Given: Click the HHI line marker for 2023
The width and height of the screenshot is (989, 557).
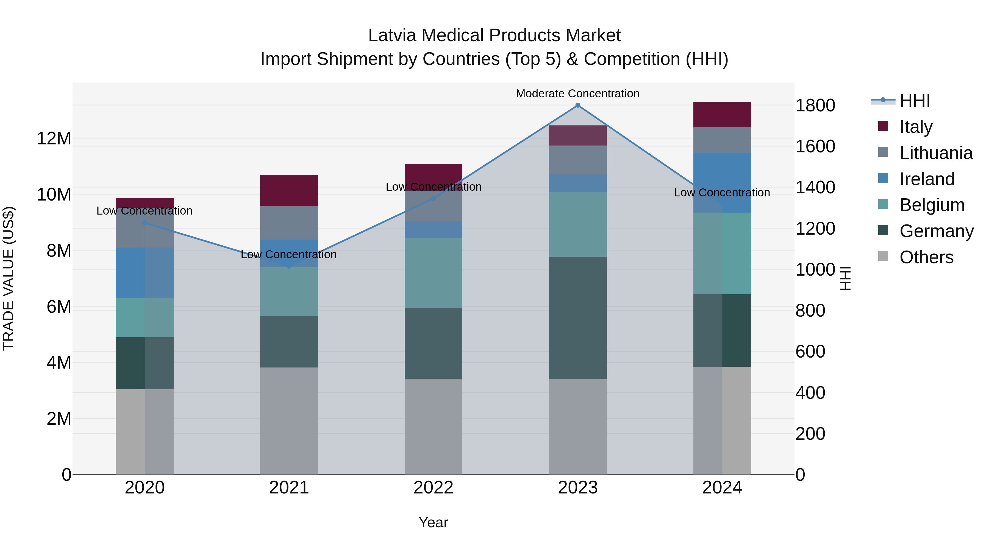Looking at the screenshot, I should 578,105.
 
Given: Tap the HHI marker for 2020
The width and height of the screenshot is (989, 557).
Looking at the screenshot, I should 145,223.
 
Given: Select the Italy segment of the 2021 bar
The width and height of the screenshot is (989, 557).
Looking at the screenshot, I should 289,190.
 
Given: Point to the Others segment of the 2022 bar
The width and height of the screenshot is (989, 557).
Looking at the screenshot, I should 434,426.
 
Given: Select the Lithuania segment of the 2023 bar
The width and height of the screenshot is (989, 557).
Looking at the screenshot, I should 578,160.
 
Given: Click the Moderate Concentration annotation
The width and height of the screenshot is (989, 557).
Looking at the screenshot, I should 577,94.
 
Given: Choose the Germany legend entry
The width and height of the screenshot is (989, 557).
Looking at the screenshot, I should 936,231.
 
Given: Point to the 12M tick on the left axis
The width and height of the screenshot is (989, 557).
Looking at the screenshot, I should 54,138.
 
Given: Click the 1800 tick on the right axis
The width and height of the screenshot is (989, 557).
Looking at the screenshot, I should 815,105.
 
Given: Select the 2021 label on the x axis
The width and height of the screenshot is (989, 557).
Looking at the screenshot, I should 289,487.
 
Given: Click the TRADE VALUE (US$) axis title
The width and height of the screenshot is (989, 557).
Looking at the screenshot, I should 9,278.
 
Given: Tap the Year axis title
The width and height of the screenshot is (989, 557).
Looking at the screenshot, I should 434,522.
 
